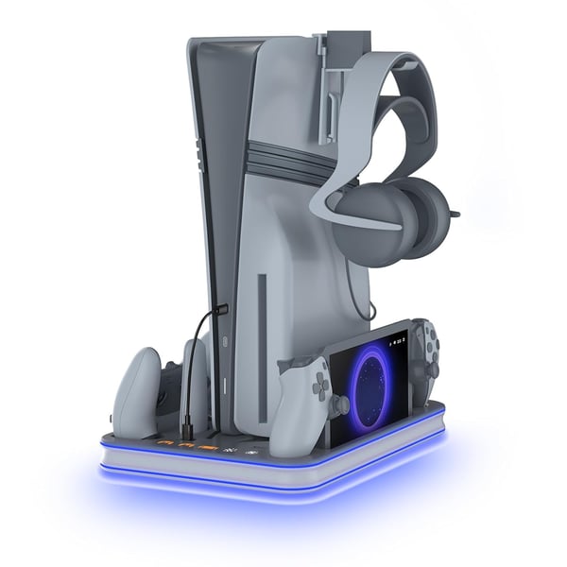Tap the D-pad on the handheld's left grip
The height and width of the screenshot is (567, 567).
pyautogui.click(x=318, y=384)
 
